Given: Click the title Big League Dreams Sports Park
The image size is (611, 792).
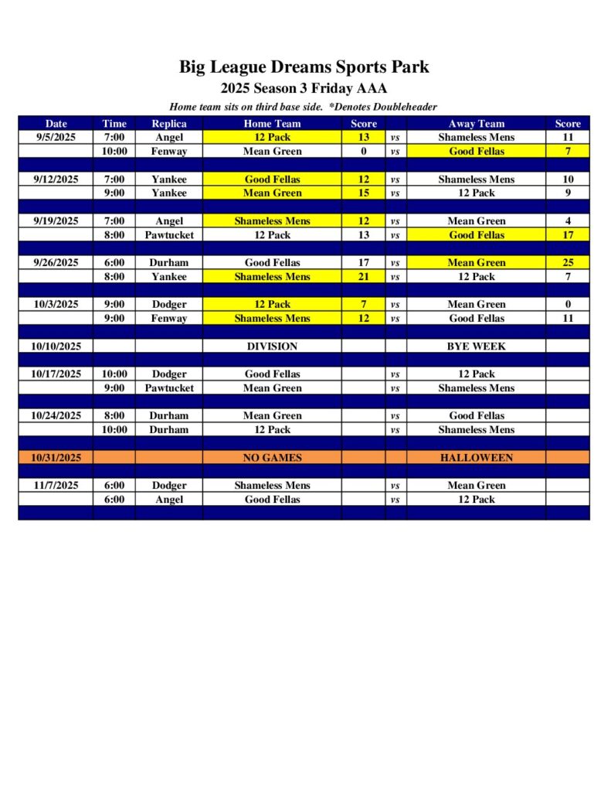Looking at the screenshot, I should [304, 67].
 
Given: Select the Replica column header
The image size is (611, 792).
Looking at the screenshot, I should [168, 123].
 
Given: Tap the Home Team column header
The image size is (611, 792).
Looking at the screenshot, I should [272, 123].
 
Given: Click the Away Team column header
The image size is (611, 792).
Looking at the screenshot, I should [476, 123].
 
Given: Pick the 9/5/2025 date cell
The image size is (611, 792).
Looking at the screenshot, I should [56, 137].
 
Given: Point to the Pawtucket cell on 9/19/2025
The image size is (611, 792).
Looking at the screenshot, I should [168, 234].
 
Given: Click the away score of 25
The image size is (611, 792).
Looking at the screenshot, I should [567, 262].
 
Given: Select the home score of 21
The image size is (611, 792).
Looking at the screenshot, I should [364, 276].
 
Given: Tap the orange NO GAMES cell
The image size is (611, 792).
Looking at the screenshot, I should [272, 457].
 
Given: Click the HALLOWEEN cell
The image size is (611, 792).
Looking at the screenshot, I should [476, 457].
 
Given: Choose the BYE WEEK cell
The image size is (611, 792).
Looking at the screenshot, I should [476, 346].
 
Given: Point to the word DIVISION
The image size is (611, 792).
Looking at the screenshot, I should [272, 346].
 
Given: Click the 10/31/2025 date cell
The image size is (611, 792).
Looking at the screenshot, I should [56, 457].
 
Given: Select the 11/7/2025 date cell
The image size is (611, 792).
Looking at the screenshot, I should [56, 485].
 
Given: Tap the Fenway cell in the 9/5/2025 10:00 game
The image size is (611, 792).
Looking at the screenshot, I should [168, 151].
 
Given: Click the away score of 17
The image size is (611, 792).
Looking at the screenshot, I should [567, 234].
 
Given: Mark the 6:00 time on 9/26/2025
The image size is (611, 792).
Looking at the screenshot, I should [114, 262].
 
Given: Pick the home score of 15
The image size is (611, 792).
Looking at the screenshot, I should [364, 193].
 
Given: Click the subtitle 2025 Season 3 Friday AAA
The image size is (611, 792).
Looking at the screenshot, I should [304, 88].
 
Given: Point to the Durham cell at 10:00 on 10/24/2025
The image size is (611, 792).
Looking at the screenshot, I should [168, 429].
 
